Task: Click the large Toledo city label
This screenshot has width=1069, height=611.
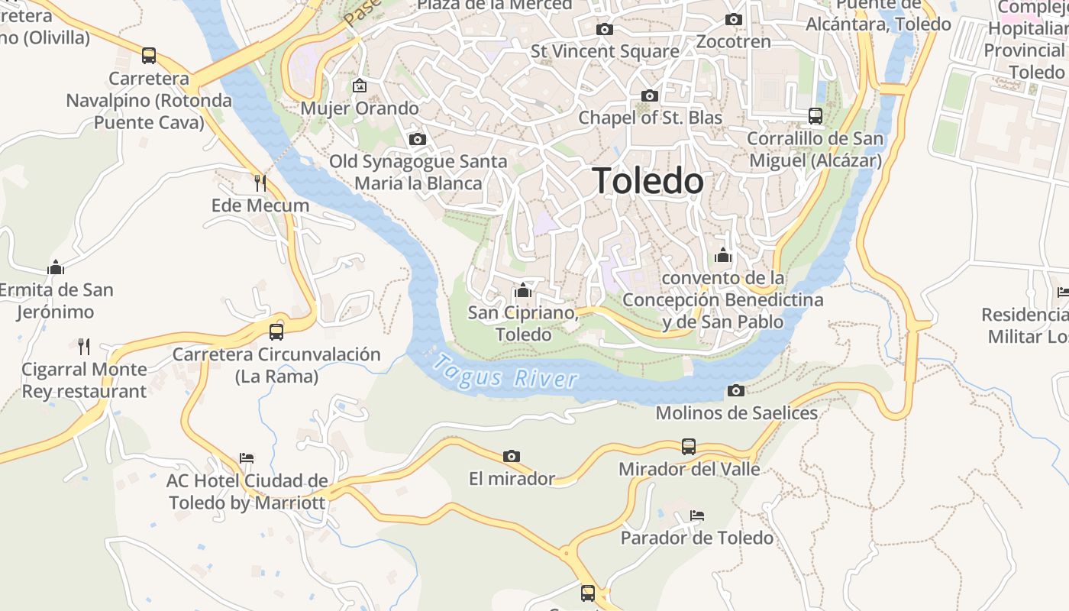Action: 648,181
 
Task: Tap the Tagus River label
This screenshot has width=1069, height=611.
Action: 505,372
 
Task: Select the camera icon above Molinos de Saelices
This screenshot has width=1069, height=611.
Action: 736,391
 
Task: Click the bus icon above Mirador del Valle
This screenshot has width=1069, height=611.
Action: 689,446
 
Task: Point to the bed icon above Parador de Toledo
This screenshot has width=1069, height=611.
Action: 696,516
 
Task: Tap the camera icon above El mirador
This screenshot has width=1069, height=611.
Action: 512,457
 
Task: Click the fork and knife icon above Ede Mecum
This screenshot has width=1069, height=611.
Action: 260,183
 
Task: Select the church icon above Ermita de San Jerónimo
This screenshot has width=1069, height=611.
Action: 56,267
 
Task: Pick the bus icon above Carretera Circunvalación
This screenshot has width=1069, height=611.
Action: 276,331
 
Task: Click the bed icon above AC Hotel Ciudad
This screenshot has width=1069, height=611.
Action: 247,458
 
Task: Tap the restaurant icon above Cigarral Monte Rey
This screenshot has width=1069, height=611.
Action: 84,347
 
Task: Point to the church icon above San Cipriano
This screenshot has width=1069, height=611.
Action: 523,290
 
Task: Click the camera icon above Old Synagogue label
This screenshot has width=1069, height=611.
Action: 418,139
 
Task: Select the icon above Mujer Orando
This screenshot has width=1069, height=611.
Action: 359,86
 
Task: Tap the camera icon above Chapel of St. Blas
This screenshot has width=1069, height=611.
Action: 650,95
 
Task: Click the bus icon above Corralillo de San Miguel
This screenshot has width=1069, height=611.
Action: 815,116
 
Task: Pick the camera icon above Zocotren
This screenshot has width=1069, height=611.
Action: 734,20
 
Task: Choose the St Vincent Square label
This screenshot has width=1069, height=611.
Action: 605,52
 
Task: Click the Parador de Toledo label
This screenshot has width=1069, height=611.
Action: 696,538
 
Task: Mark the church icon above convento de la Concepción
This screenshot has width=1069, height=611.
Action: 723,255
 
